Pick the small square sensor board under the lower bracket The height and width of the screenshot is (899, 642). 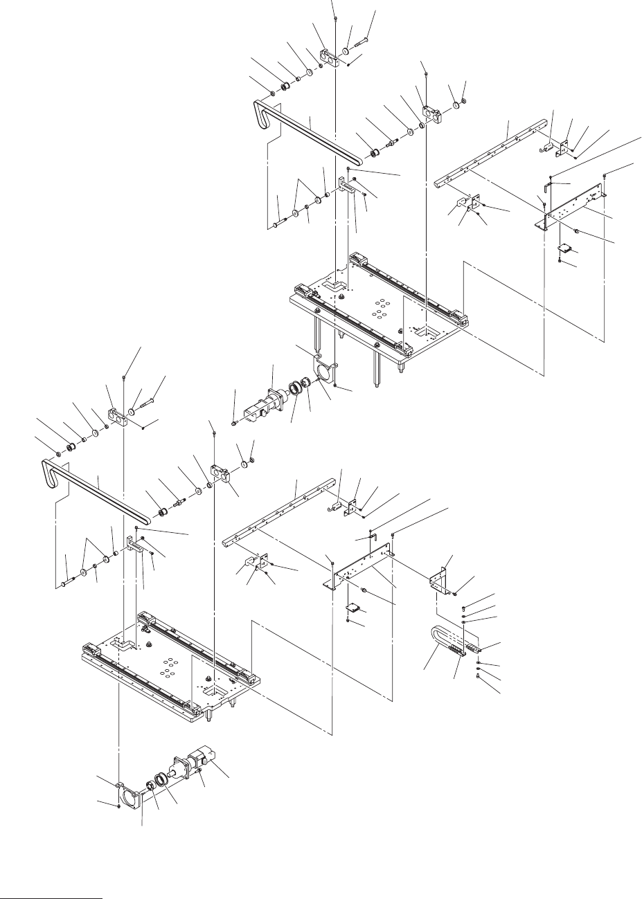pyautogui.click(x=354, y=608)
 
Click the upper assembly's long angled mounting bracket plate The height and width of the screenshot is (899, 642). pyautogui.click(x=575, y=208)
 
